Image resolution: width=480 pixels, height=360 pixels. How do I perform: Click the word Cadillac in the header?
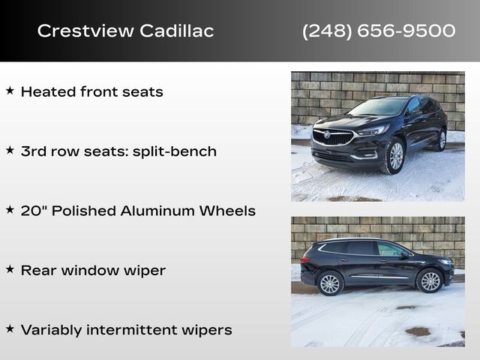[175, 31]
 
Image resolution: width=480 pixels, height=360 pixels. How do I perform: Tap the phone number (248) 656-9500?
[379, 31]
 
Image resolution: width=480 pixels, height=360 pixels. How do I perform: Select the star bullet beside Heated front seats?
[10, 91]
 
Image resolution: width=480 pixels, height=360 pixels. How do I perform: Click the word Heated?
[47, 92]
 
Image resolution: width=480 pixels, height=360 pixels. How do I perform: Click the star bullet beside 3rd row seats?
[10, 151]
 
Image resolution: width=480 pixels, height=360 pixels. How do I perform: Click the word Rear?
[37, 271]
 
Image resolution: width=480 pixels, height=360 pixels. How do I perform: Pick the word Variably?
[50, 330]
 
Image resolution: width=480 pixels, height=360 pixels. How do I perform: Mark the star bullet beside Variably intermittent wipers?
[10, 329]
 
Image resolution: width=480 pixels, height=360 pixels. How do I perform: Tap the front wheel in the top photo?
[394, 156]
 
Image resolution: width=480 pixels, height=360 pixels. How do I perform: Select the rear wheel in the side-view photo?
[330, 283]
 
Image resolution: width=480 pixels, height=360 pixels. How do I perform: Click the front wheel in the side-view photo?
[430, 281]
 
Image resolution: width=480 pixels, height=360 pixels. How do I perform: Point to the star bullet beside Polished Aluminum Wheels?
[10, 210]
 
